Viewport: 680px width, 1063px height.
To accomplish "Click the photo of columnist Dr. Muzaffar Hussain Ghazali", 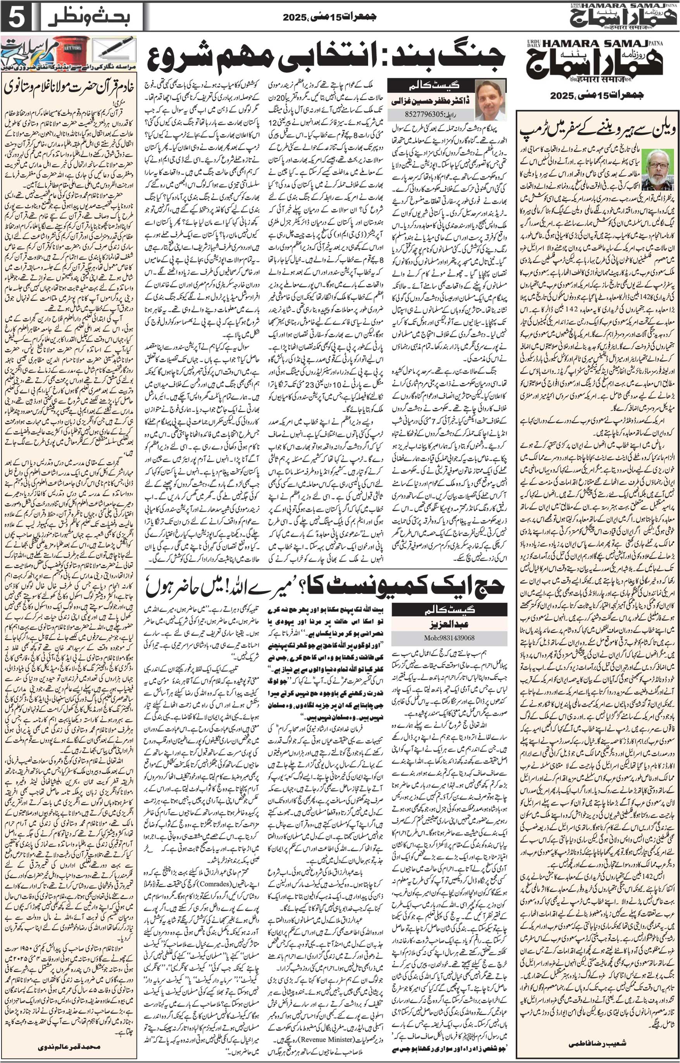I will click(x=490, y=100).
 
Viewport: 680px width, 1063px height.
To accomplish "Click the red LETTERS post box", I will click(x=72, y=50).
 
